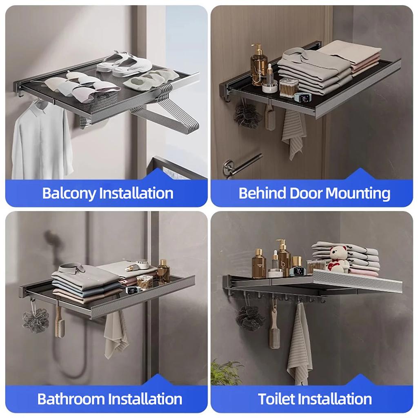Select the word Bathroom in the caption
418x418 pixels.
69,398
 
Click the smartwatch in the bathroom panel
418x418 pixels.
131,291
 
